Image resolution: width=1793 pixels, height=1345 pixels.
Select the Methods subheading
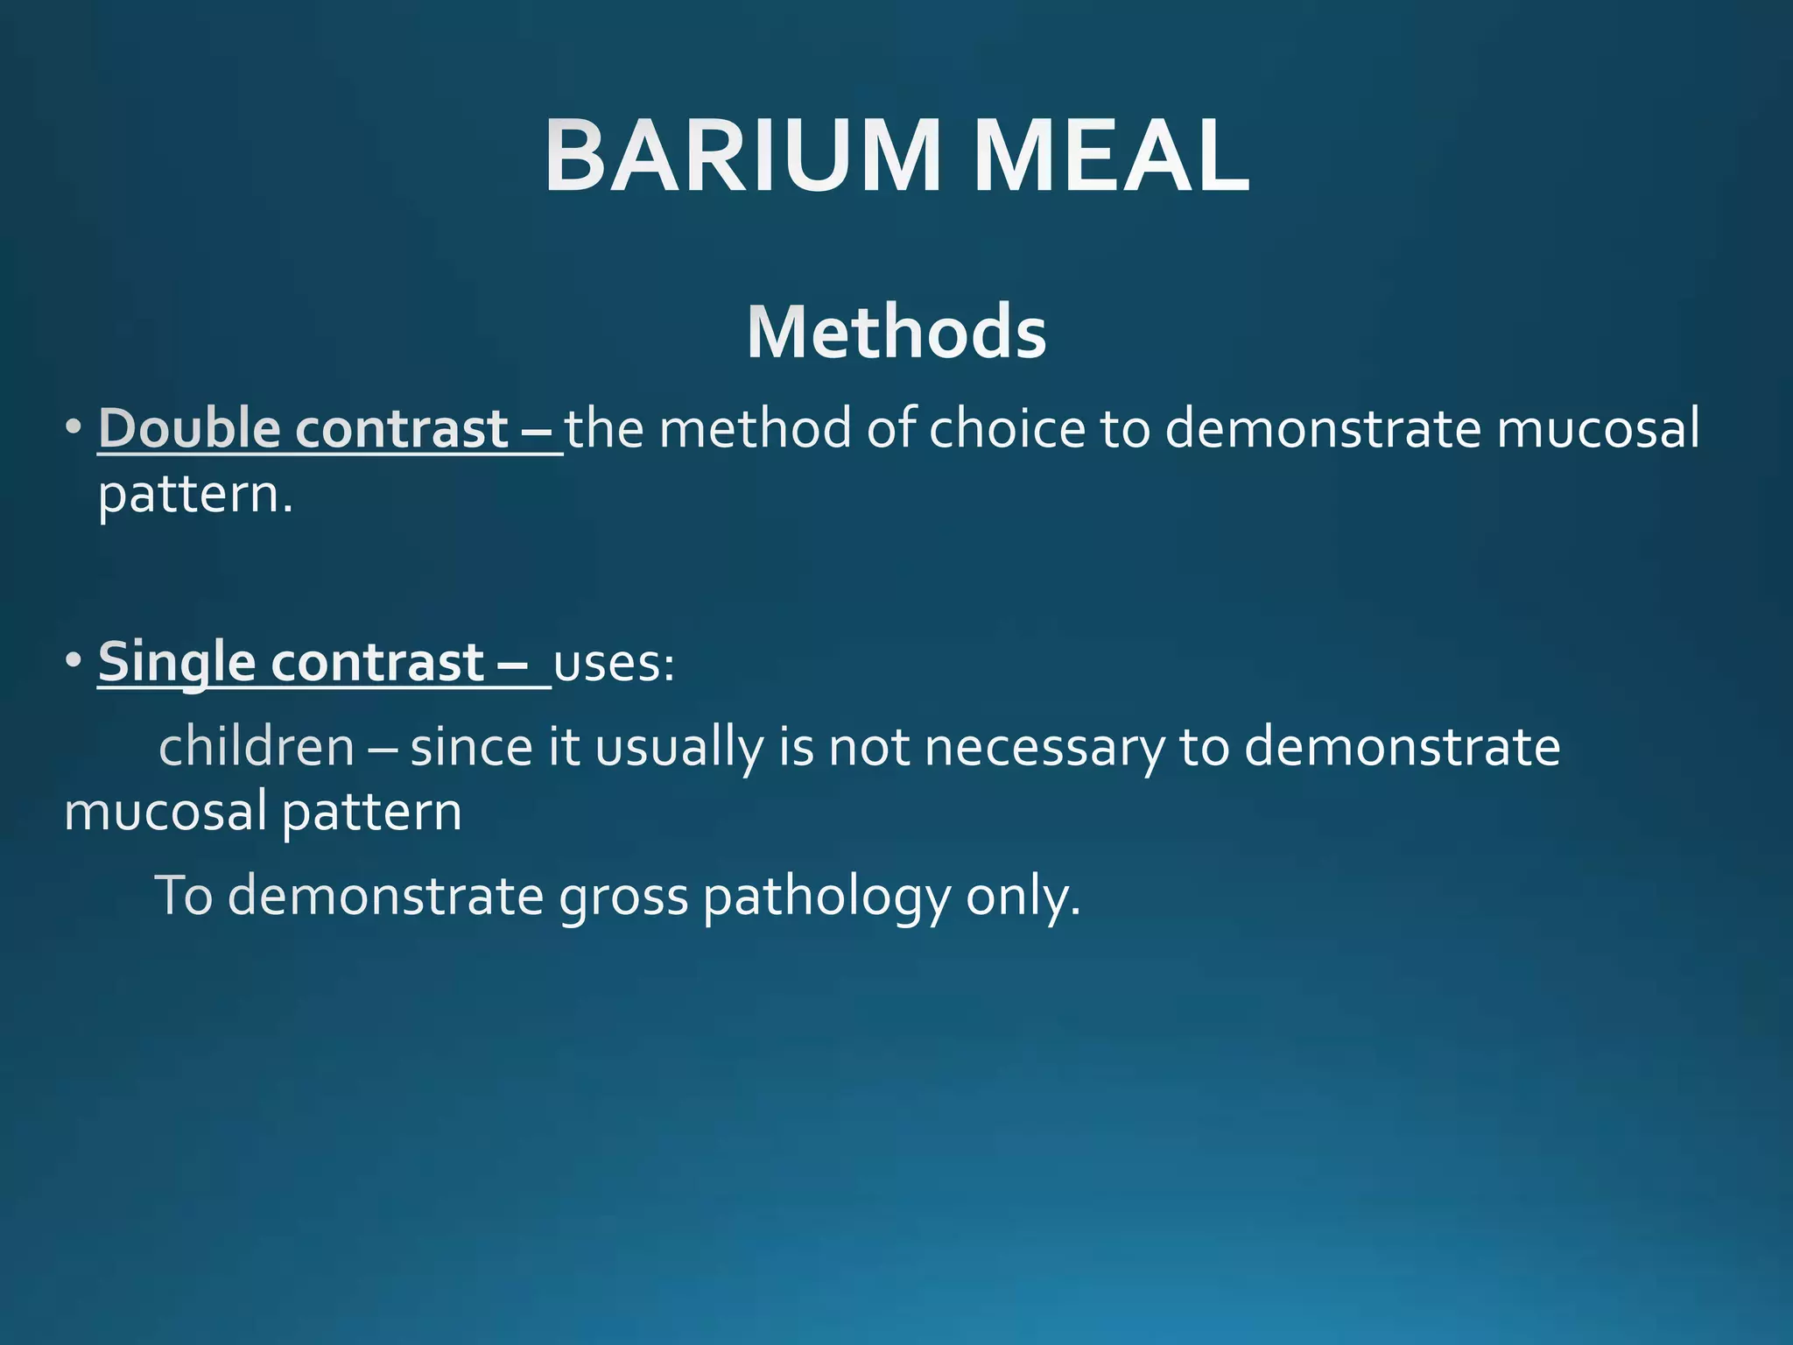[x=896, y=332]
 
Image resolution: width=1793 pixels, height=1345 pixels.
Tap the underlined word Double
[x=189, y=428]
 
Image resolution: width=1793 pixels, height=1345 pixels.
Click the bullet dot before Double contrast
[x=74, y=429]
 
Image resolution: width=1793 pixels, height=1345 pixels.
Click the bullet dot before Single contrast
[x=74, y=660]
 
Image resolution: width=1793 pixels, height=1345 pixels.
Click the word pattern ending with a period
[x=194, y=496]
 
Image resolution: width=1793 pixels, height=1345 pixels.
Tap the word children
[x=257, y=747]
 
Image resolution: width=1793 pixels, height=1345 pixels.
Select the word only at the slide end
[x=1022, y=897]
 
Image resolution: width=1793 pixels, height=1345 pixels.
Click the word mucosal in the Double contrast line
[x=1597, y=428]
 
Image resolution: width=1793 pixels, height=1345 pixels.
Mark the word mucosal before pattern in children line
[x=165, y=811]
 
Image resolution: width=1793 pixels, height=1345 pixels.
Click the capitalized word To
[x=184, y=897]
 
